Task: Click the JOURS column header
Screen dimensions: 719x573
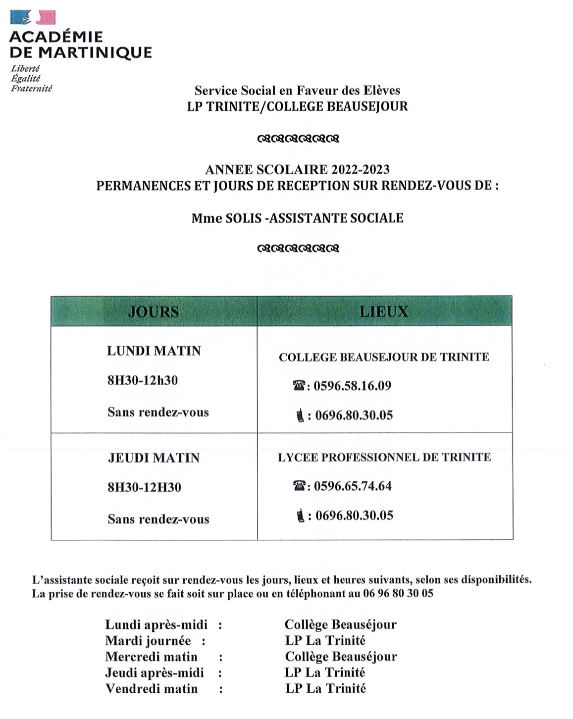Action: pos(154,311)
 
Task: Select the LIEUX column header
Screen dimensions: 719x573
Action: pos(384,311)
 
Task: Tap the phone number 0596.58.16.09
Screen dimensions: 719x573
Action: pos(352,386)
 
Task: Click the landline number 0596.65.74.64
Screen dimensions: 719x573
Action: pos(353,486)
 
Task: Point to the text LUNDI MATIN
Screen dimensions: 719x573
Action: pos(154,351)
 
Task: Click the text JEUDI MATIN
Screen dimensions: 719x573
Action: pos(154,458)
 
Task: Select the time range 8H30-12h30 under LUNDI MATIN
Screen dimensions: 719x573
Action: pos(143,380)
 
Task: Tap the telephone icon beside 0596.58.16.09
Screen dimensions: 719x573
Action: pos(299,385)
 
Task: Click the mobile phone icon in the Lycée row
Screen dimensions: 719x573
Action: pos(300,516)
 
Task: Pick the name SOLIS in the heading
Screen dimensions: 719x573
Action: pos(243,218)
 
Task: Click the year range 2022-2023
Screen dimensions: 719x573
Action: pos(361,170)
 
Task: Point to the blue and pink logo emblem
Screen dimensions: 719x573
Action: pos(33,18)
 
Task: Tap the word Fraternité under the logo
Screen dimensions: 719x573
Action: pos(31,89)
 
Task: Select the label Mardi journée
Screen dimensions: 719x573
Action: pos(148,641)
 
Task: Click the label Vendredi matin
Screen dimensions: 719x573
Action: pos(152,688)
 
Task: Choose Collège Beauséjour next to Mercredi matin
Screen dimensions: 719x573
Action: pos(341,657)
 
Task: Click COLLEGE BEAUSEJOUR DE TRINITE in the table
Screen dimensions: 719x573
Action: pos(384,357)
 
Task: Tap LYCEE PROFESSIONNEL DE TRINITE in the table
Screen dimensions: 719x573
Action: pos(384,457)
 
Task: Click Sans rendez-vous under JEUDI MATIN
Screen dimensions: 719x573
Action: pos(158,519)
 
